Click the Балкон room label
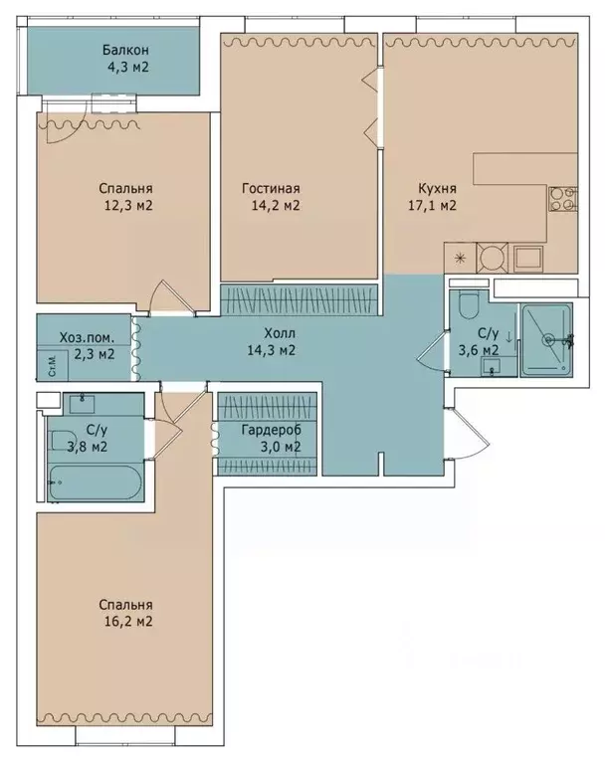[125, 50]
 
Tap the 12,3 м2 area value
[128, 205]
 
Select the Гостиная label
[271, 188]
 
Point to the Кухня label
[437, 188]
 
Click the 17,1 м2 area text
[432, 205]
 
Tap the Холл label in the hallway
[280, 334]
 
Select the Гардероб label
[271, 430]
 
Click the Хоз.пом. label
[88, 337]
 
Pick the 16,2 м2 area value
[128, 622]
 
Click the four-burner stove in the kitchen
[563, 199]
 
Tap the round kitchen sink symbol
[492, 257]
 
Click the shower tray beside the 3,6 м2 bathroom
[546, 340]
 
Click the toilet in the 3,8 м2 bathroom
[61, 441]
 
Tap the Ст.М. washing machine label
[53, 366]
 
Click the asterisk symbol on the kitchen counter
[459, 259]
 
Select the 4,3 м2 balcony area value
[128, 68]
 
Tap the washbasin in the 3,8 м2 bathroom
[83, 404]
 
